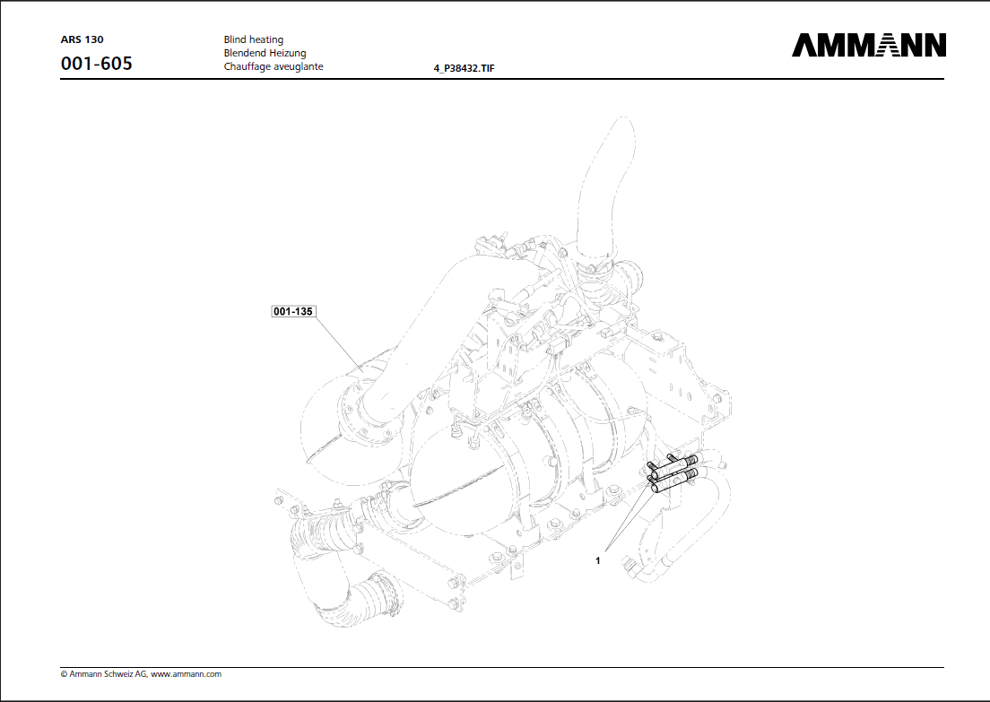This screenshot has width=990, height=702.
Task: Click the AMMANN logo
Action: click(868, 45)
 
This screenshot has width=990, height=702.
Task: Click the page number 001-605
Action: click(96, 65)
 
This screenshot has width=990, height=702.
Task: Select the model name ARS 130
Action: click(82, 39)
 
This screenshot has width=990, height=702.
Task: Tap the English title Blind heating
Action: click(253, 39)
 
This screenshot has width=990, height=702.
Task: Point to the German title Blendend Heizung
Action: click(265, 53)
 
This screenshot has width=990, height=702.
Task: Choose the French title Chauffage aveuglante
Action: click(273, 66)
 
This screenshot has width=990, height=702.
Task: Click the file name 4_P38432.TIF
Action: click(464, 68)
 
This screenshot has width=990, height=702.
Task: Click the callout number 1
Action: click(597, 559)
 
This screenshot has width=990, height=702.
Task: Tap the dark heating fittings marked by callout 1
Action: click(672, 475)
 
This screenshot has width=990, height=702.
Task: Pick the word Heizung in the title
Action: click(288, 53)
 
